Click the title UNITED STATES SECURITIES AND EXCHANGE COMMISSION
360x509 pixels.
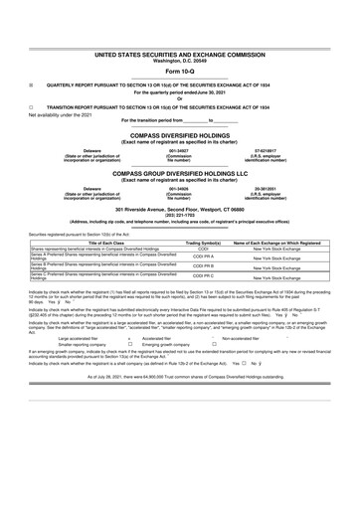(x=180, y=48)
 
